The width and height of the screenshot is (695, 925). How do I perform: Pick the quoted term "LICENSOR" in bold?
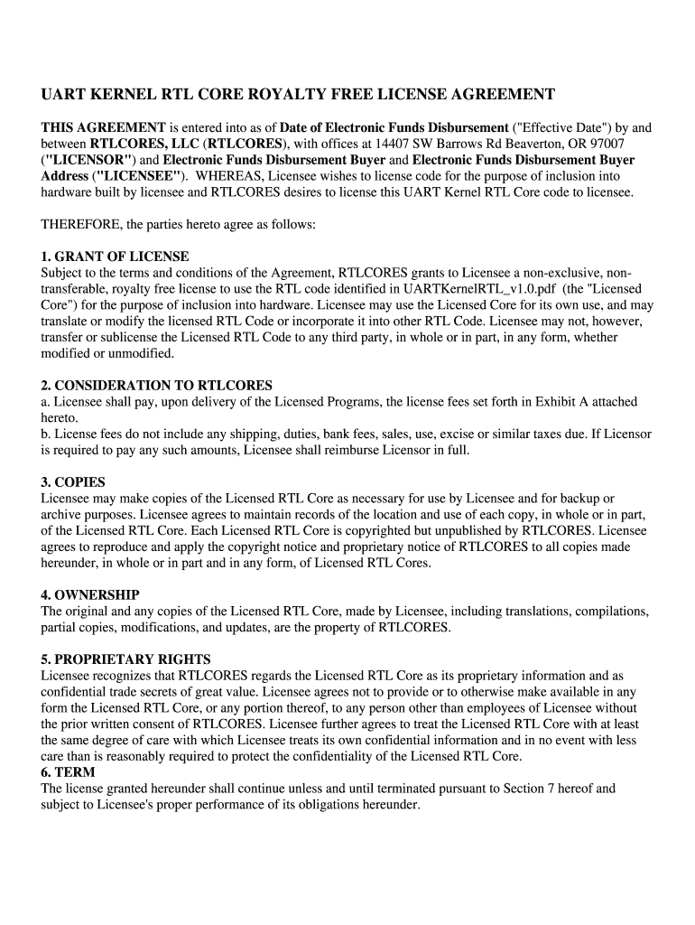pyautogui.click(x=88, y=160)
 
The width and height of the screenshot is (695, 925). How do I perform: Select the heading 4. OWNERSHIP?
pyautogui.click(x=90, y=595)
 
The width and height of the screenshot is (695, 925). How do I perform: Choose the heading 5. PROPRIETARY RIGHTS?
pyautogui.click(x=126, y=659)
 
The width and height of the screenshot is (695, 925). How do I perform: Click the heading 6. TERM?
pyautogui.click(x=69, y=772)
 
